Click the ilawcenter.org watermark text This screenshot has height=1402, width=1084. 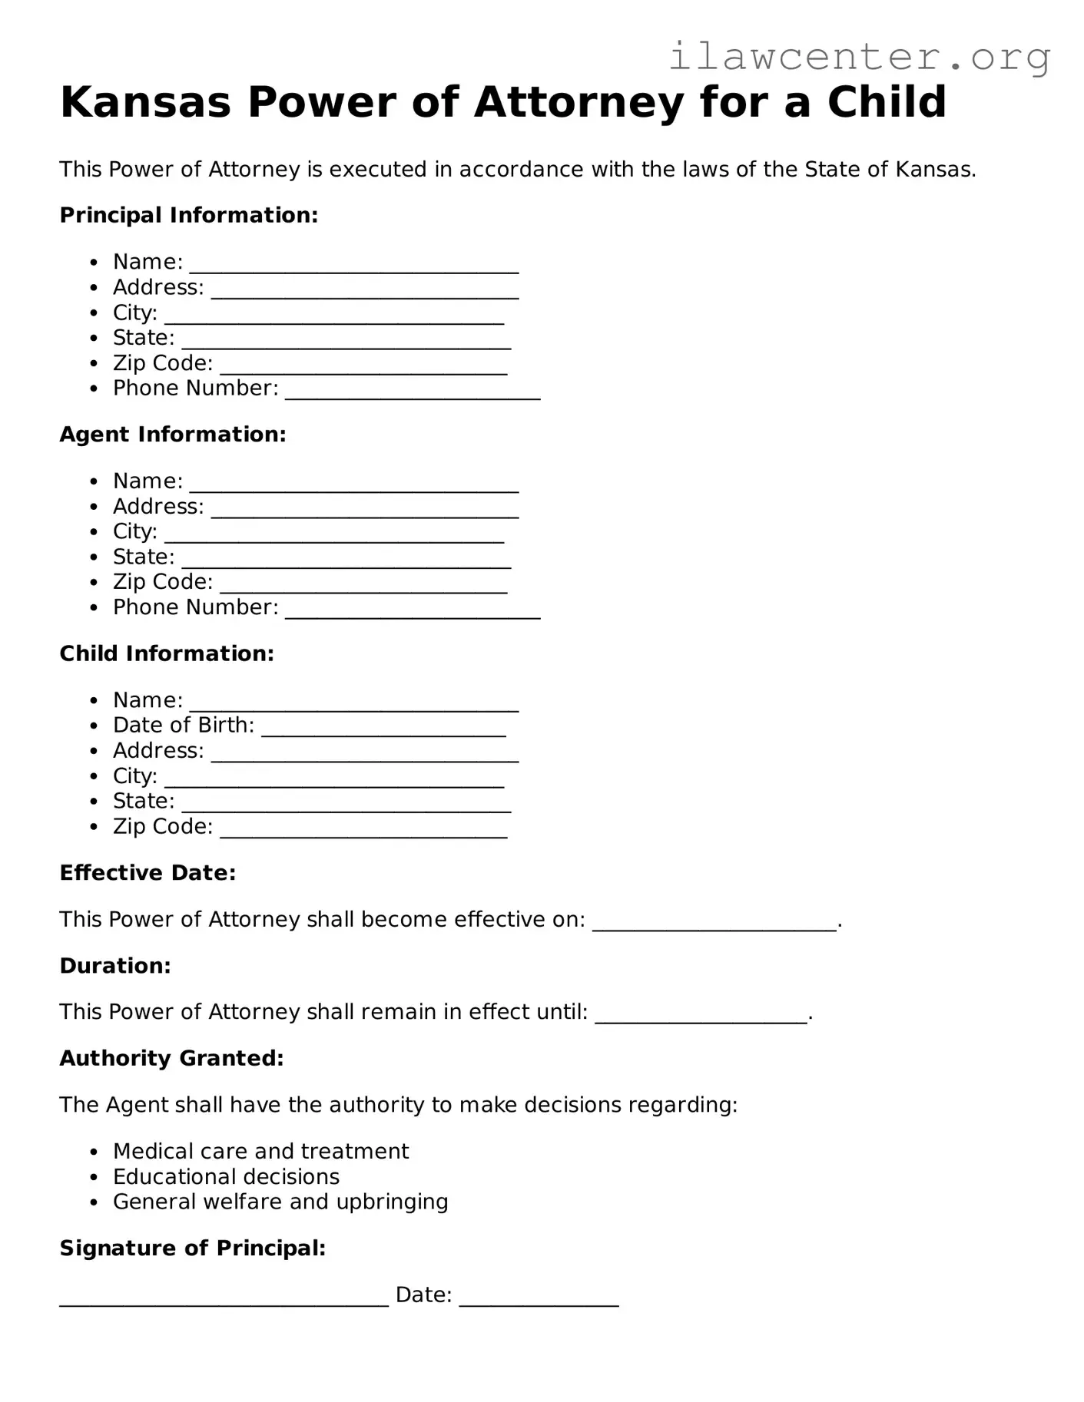(x=859, y=56)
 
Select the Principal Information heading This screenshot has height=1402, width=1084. (x=188, y=215)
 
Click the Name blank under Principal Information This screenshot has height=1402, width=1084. (x=353, y=265)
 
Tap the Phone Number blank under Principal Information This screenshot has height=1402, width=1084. (x=413, y=392)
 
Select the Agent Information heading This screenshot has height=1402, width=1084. (x=173, y=435)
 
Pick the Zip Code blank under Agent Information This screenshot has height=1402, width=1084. (x=363, y=585)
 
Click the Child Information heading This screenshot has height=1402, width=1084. (x=167, y=653)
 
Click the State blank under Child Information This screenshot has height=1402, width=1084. (x=346, y=804)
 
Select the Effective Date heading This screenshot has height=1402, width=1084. (x=148, y=873)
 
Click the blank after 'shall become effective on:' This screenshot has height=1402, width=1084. (x=714, y=922)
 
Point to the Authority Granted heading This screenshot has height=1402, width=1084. (x=171, y=1058)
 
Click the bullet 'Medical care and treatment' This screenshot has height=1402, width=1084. (x=260, y=1151)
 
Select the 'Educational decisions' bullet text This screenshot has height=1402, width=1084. (x=226, y=1176)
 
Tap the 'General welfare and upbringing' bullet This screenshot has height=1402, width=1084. (x=280, y=1202)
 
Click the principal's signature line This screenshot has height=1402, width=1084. (x=224, y=1298)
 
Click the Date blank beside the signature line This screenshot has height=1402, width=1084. (x=539, y=1298)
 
